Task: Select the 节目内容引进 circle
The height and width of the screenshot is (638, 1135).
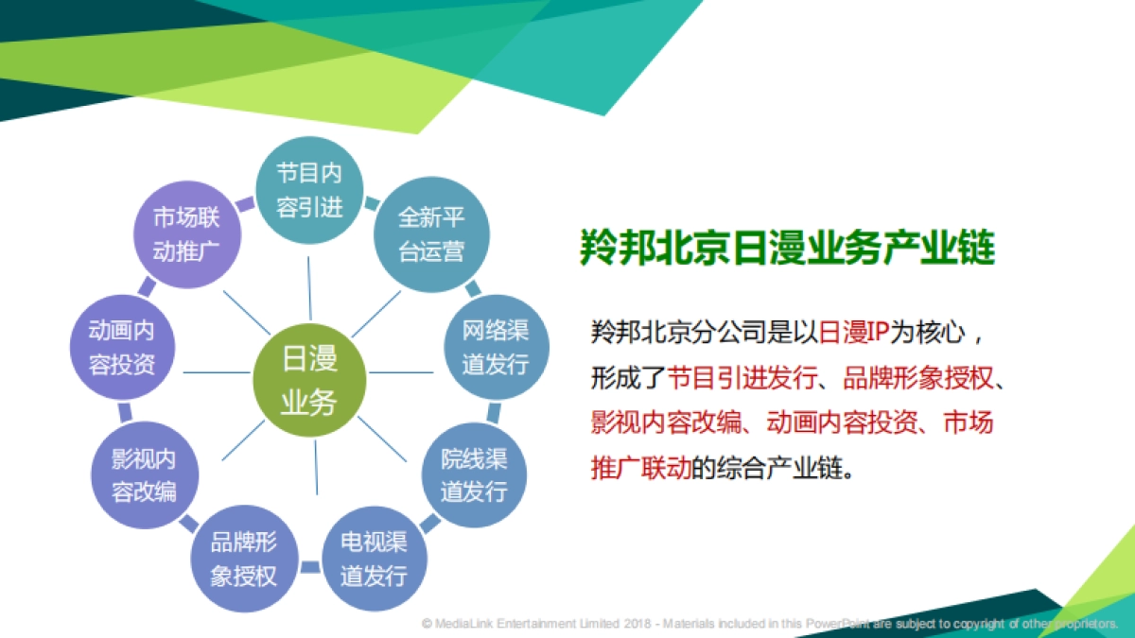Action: [x=309, y=190]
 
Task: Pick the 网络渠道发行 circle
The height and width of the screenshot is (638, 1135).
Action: [x=496, y=348]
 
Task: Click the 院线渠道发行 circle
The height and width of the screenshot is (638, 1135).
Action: [x=473, y=475]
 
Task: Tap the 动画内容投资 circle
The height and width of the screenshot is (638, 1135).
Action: [x=122, y=348]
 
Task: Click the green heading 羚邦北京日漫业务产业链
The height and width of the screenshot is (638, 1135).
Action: [x=787, y=249]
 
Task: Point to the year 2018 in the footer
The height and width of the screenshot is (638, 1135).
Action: [x=638, y=624]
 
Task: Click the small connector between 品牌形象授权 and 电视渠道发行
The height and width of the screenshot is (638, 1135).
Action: [x=309, y=567]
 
